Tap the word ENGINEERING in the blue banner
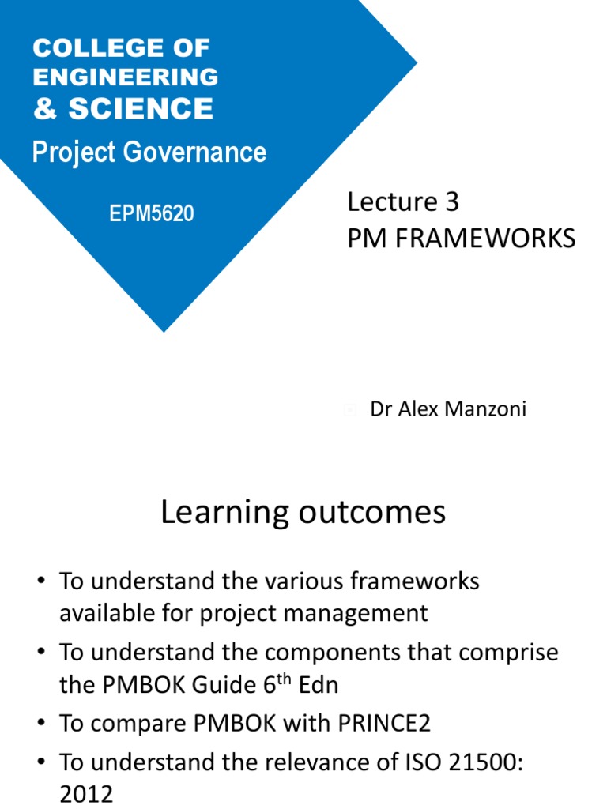[126, 77]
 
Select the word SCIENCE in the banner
[141, 109]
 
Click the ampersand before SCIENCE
[45, 109]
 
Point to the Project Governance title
[149, 152]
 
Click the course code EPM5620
[151, 213]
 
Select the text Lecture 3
[402, 202]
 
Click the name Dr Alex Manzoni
[447, 409]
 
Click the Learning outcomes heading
[303, 513]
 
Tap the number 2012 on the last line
[86, 793]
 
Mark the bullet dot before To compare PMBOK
[40, 724]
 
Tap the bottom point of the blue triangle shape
[164, 331]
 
